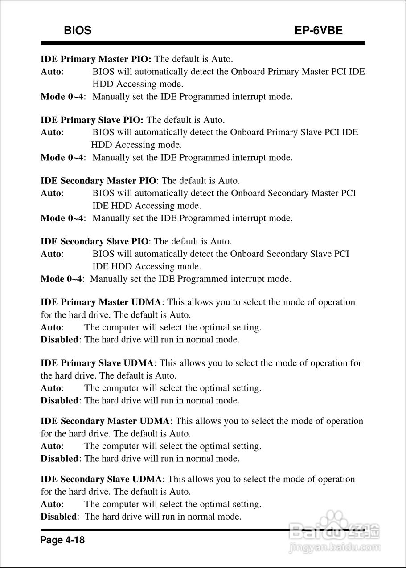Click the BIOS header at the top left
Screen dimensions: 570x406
(78, 30)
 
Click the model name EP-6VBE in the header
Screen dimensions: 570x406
(318, 30)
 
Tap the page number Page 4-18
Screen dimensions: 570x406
(62, 540)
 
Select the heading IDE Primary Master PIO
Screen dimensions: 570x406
(96, 59)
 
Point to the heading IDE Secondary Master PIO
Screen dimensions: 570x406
(98, 181)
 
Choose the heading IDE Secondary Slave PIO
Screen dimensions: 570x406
(94, 242)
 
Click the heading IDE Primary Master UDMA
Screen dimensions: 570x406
(101, 302)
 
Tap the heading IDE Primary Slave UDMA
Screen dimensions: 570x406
(97, 363)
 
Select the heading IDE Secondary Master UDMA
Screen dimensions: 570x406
(105, 421)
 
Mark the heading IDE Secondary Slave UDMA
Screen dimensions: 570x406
(101, 480)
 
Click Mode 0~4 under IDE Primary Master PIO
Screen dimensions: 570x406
(62, 97)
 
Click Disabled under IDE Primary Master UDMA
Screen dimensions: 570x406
(59, 340)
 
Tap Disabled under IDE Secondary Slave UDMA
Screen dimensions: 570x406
(59, 517)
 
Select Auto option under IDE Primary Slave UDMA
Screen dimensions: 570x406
(51, 388)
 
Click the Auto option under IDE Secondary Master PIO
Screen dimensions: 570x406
(51, 193)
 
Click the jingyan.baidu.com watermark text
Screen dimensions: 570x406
(334, 546)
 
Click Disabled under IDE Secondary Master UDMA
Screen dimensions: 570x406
(59, 459)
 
